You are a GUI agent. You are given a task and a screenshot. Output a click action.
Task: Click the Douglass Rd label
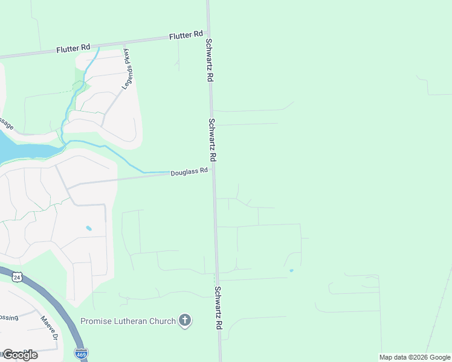pyautogui.click(x=189, y=171)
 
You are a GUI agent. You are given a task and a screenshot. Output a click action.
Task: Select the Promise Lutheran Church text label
pyautogui.click(x=128, y=321)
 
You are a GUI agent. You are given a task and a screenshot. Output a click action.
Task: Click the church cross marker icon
pyautogui.click(x=185, y=321)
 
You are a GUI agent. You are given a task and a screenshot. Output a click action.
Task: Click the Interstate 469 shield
pyautogui.click(x=80, y=354)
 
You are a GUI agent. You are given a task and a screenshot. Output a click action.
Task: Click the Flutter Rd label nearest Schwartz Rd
pyautogui.click(x=186, y=36)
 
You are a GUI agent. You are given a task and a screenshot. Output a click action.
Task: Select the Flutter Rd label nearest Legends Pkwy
pyautogui.click(x=73, y=48)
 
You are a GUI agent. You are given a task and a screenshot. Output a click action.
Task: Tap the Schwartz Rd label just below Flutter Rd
pyautogui.click(x=209, y=60)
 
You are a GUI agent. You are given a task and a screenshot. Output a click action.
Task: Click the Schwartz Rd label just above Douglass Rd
pyautogui.click(x=212, y=139)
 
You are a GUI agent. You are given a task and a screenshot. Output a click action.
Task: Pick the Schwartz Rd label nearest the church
pyautogui.click(x=217, y=308)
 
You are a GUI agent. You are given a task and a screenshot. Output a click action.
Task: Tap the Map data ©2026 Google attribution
pyautogui.click(x=415, y=357)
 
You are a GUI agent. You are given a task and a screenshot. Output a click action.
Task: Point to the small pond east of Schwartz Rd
pyautogui.click(x=291, y=270)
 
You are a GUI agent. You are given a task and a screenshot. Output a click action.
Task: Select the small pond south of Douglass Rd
pyautogui.click(x=89, y=228)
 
